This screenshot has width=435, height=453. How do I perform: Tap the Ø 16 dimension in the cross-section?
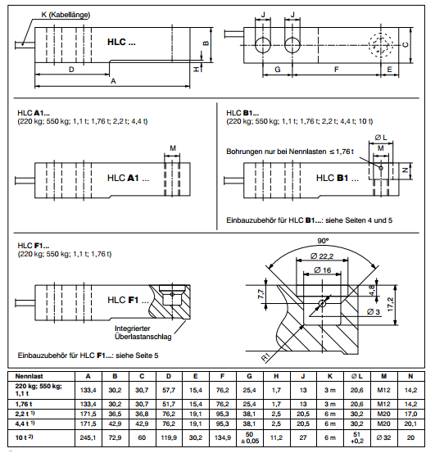(x=323, y=270)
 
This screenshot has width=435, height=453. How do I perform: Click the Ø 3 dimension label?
(x=375, y=312)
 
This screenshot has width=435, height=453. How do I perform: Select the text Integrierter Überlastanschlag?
(x=141, y=333)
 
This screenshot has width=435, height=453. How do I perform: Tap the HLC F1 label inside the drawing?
(x=123, y=300)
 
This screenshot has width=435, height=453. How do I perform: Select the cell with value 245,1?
(x=88, y=437)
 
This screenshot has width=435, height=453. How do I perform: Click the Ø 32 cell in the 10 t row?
(x=384, y=437)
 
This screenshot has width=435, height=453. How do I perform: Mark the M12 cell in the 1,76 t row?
(x=384, y=404)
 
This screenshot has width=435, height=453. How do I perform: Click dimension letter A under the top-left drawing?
(x=113, y=82)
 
